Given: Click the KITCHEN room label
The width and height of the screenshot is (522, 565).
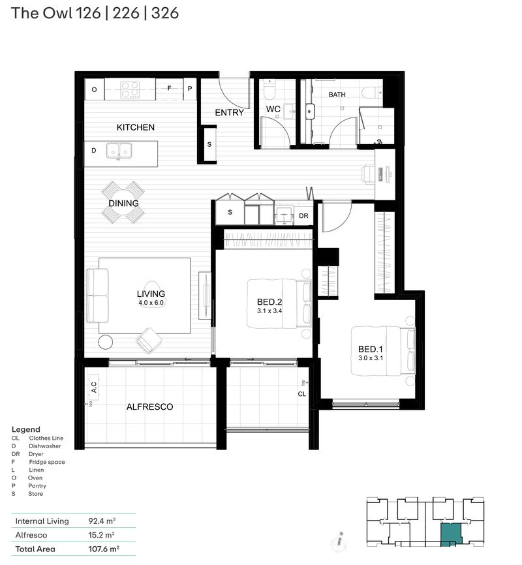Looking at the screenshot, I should click(x=136, y=127).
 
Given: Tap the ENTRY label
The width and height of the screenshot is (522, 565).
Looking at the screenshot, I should click(x=229, y=112).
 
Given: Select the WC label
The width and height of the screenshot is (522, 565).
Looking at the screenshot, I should click(x=273, y=109).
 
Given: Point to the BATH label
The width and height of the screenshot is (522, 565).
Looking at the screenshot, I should click(x=337, y=95).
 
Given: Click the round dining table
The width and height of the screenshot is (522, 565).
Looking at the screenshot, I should click(x=124, y=203).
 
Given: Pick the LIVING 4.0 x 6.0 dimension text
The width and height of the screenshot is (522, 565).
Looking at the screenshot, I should click(x=151, y=303).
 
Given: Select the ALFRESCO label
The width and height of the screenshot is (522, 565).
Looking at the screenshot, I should click(x=149, y=406).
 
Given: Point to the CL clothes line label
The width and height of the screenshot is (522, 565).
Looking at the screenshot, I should click(x=302, y=394).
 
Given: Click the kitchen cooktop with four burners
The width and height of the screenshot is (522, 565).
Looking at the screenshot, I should click(x=130, y=89).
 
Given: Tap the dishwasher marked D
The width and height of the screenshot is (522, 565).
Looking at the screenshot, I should click(x=94, y=151).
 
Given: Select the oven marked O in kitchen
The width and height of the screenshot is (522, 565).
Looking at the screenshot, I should click(x=94, y=89).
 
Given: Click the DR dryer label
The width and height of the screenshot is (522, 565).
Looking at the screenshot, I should click(x=303, y=215).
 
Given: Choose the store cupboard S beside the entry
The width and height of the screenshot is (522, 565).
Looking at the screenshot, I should click(x=209, y=144).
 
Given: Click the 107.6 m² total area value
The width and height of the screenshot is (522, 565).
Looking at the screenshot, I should click(x=102, y=549).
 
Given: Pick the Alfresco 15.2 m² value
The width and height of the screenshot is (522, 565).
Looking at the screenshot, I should click(x=101, y=535).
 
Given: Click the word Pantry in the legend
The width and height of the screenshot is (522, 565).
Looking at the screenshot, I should click(x=37, y=486).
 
